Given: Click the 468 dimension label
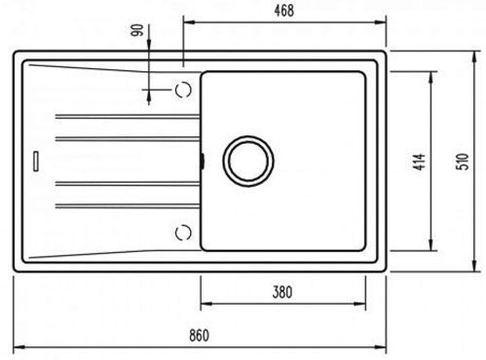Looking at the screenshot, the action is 284,11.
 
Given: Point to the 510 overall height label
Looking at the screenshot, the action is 463,162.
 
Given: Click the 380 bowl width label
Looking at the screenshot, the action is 282,292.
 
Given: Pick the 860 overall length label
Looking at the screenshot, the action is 199,336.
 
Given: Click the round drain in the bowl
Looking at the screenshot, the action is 248,162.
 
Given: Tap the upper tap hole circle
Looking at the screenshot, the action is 183,90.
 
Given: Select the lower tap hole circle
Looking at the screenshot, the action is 183,233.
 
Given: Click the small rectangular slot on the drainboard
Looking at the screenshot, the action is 36,161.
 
